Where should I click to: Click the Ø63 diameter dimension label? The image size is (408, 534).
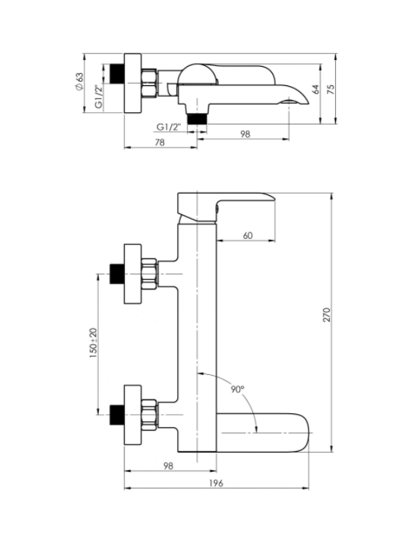coord(79,81)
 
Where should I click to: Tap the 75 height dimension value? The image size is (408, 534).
coord(331,89)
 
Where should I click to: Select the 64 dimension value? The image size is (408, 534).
coord(315,89)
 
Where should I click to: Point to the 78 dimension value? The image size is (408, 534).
coord(160,142)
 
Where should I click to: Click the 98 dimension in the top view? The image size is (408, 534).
coord(245,134)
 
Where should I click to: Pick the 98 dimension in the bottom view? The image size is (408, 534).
coord(168,466)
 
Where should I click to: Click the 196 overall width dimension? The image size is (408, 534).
coord(216,483)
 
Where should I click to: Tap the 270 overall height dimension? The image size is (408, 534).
coord(327,315)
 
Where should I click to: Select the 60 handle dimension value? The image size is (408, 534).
coord(248,235)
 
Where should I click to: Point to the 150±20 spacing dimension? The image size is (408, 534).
coord(93,343)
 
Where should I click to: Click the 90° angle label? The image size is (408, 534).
coord(238,389)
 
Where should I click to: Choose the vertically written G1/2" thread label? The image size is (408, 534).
coord(99,96)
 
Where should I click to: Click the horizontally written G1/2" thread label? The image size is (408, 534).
coord(169,127)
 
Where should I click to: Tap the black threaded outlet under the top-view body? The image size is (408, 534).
coord(197,119)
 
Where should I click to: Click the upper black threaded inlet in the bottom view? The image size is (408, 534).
coord(117,274)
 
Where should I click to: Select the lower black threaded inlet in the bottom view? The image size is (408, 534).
coord(117,415)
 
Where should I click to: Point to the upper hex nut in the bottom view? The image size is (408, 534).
coord(150,274)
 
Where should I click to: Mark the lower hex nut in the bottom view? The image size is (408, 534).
coord(150,415)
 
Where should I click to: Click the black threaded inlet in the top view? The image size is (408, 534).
coord(117,73)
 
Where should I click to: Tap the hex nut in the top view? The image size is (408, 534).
coord(150,83)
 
